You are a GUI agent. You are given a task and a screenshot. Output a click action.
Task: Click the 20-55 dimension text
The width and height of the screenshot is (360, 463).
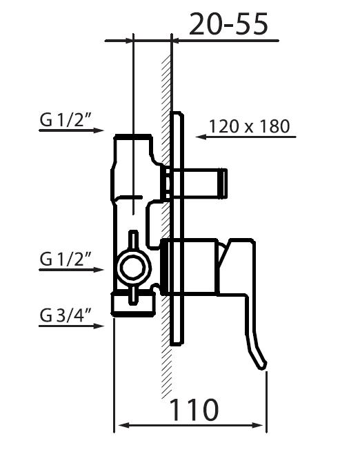228,24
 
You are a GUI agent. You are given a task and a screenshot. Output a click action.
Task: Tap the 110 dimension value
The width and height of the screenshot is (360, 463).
194,410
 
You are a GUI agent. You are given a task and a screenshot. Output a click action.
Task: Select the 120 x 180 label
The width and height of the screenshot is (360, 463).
250,126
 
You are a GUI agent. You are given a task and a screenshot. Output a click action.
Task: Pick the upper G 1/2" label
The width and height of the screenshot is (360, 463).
66,120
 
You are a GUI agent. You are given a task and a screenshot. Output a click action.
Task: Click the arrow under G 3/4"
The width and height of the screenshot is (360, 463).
72,326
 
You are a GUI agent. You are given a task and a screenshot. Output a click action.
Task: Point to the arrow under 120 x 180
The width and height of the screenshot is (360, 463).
246,137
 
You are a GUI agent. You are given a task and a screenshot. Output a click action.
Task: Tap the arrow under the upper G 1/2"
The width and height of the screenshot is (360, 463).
72,130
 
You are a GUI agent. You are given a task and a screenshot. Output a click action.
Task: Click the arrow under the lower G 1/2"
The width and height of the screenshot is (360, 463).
72,270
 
